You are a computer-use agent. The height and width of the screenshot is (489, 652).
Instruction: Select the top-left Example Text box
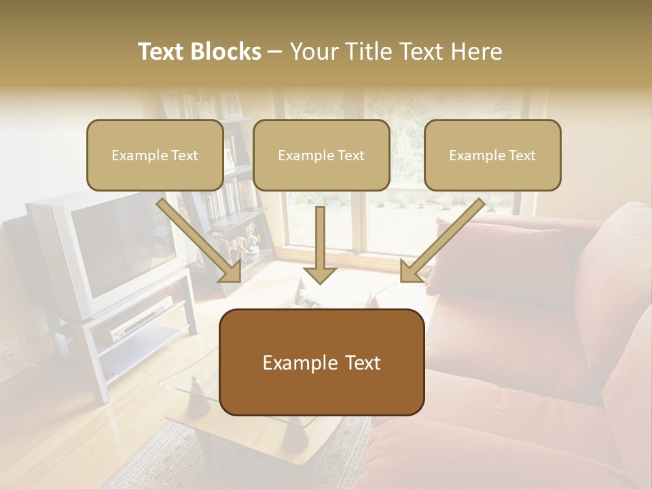[155, 155]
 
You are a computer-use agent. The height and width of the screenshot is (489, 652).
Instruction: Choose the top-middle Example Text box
[321, 155]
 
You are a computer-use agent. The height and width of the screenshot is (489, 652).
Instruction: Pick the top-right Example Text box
[492, 155]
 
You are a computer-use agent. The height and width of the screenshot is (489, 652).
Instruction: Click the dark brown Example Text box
[322, 362]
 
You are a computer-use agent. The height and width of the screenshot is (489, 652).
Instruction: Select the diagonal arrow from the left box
[201, 242]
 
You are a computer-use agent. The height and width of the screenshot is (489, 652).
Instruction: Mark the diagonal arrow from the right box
[441, 242]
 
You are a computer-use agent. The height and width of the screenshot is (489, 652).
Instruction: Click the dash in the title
[275, 52]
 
